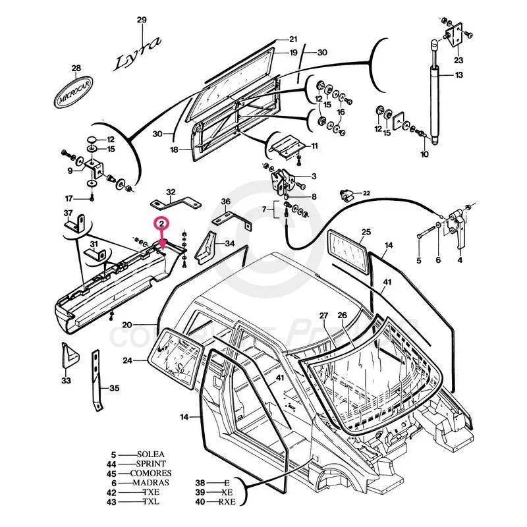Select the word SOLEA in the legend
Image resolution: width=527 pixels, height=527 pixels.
click(151, 455)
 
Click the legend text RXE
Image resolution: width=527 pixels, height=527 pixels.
click(228, 502)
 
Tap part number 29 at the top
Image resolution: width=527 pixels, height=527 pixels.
click(142, 20)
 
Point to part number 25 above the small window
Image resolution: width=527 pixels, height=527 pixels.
click(366, 232)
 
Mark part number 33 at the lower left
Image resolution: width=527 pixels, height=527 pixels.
click(66, 381)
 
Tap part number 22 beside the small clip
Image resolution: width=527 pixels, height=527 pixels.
click(366, 192)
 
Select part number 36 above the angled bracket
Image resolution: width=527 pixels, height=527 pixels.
click(225, 202)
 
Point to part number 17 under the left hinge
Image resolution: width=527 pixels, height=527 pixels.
click(68, 198)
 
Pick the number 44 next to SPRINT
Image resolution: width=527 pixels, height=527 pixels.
click(113, 464)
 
